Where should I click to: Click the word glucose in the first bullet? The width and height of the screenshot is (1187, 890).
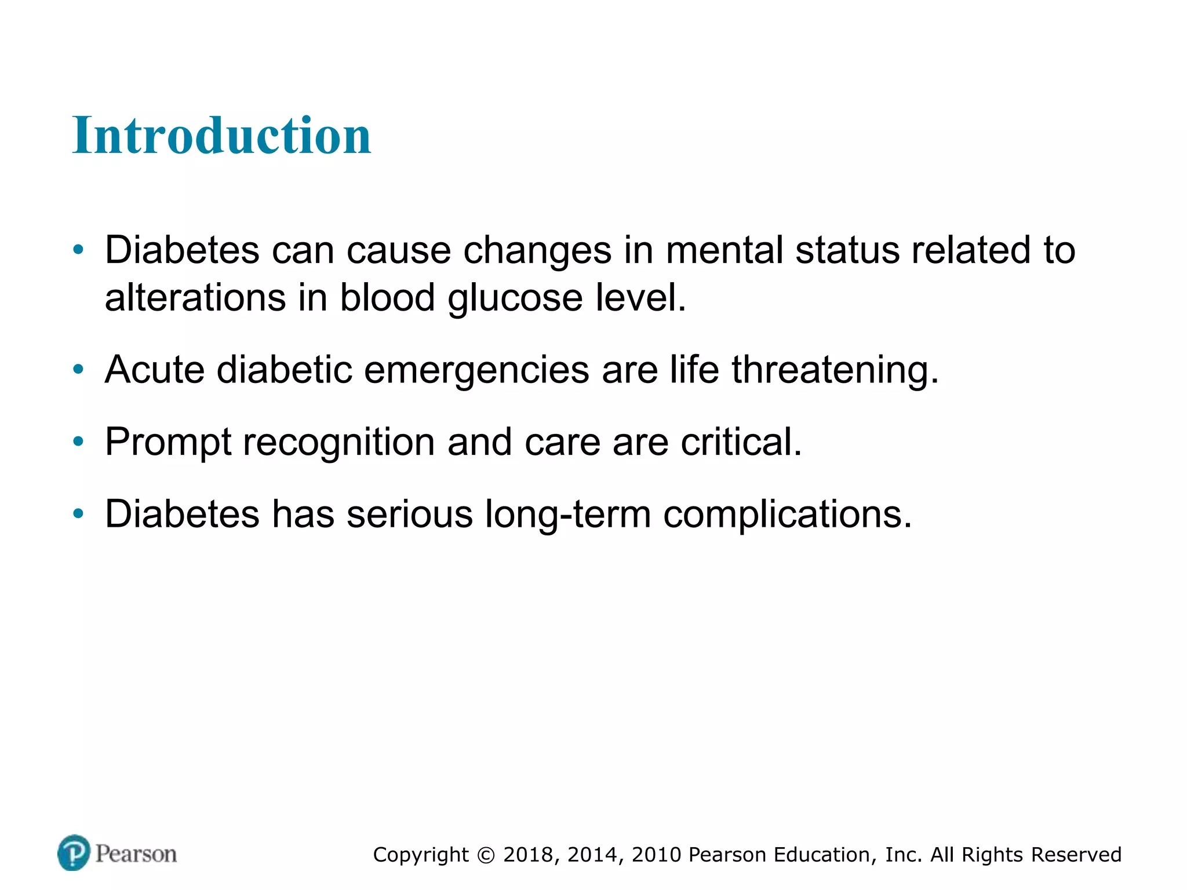coord(515,298)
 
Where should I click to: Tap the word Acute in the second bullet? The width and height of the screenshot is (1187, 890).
coord(155,370)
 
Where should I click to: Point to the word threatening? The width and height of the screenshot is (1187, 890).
coord(835,371)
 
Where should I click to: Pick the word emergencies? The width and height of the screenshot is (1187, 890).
coord(476,371)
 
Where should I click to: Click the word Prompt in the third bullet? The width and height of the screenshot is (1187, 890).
coord(168,443)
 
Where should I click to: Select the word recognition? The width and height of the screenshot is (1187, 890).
coord(339,443)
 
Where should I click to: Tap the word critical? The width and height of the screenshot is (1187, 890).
coord(741,442)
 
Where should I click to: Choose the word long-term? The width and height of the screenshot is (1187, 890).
coord(567,515)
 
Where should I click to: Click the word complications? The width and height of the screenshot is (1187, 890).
coord(787,515)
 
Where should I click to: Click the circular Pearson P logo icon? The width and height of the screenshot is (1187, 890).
coord(74,852)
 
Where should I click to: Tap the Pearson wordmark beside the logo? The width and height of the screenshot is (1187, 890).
coord(136,854)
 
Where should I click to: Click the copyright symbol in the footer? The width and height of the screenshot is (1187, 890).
coord(486,855)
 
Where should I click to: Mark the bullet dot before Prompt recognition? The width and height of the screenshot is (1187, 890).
coord(78,442)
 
